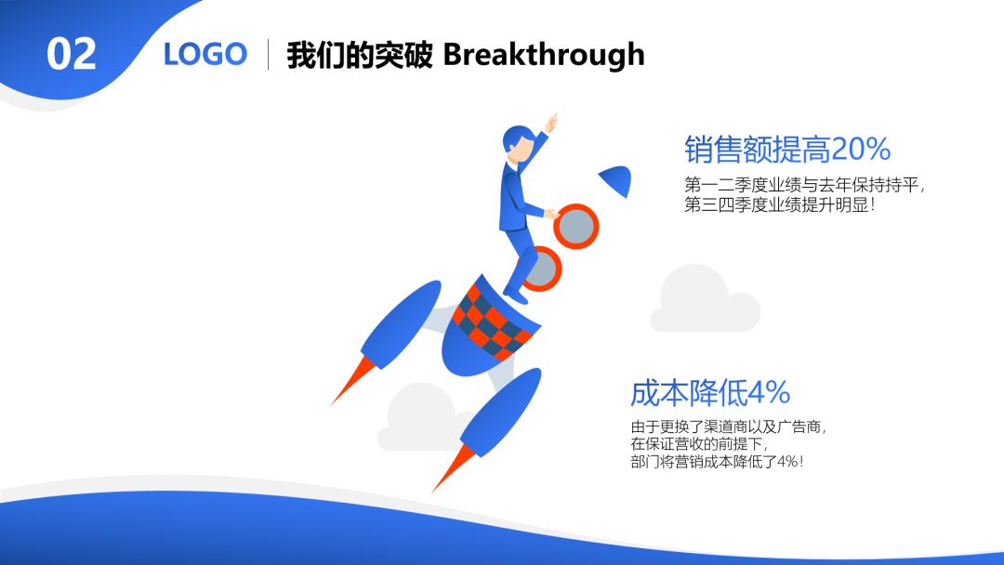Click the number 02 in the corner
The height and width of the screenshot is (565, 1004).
tap(71, 54)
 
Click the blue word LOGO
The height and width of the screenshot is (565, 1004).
tap(205, 54)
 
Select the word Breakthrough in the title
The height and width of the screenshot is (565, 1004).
tap(544, 54)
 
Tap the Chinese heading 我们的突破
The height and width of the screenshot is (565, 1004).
tap(359, 55)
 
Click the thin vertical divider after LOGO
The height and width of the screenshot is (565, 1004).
tap(268, 54)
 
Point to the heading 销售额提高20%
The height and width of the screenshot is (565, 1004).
tap(787, 149)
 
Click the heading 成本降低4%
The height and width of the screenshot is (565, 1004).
tap(710, 392)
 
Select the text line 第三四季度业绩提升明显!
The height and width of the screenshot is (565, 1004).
tap(779, 205)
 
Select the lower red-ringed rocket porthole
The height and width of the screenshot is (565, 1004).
tap(542, 269)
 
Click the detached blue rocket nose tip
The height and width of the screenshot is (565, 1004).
tap(616, 179)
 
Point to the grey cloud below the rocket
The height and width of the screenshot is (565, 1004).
tap(418, 417)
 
